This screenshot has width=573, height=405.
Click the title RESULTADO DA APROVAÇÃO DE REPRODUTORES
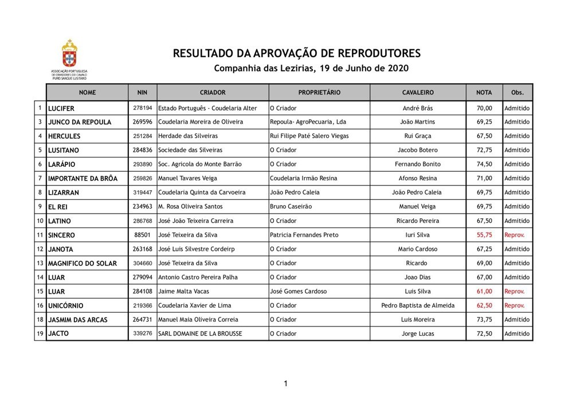pyautogui.click(x=297, y=54)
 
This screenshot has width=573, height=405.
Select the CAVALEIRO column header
pyautogui.click(x=418, y=92)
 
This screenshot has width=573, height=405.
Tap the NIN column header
pyautogui.click(x=142, y=92)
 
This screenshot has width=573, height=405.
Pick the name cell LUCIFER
pyautogui.click(x=61, y=108)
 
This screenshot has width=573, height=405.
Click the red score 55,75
pyautogui.click(x=484, y=235)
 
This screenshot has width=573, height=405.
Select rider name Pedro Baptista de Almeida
pyautogui.click(x=418, y=306)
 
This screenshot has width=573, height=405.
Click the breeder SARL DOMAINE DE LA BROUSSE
pyautogui.click(x=200, y=334)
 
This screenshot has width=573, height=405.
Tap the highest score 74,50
pyautogui.click(x=484, y=164)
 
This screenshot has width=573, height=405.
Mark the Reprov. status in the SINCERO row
pyautogui.click(x=514, y=235)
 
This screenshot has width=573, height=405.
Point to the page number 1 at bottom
pyautogui.click(x=285, y=383)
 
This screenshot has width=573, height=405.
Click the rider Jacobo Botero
pyautogui.click(x=418, y=151)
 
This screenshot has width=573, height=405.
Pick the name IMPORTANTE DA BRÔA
pyautogui.click(x=83, y=179)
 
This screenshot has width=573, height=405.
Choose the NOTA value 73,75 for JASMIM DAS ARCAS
pyautogui.click(x=484, y=320)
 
